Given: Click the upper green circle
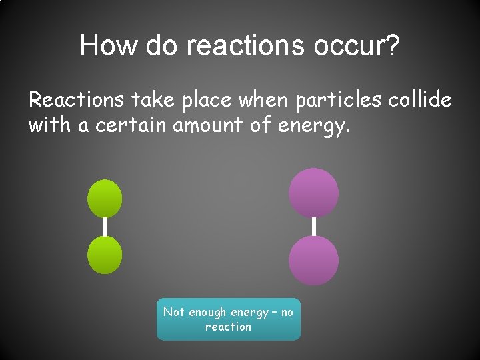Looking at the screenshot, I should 105,198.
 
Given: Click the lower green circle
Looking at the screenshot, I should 105,256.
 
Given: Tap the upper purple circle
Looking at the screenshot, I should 313,193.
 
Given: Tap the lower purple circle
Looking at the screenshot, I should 313,261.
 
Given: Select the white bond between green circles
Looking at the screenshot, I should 105,227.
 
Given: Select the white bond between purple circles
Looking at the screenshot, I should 313,227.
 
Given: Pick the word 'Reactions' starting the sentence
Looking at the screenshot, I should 77,100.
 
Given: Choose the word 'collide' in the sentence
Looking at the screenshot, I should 418,100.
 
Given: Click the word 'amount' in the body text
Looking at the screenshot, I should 209,125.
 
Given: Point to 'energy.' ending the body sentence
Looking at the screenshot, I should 309,125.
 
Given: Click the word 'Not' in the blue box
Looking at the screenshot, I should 173,312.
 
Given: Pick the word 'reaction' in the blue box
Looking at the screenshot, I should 228,327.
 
